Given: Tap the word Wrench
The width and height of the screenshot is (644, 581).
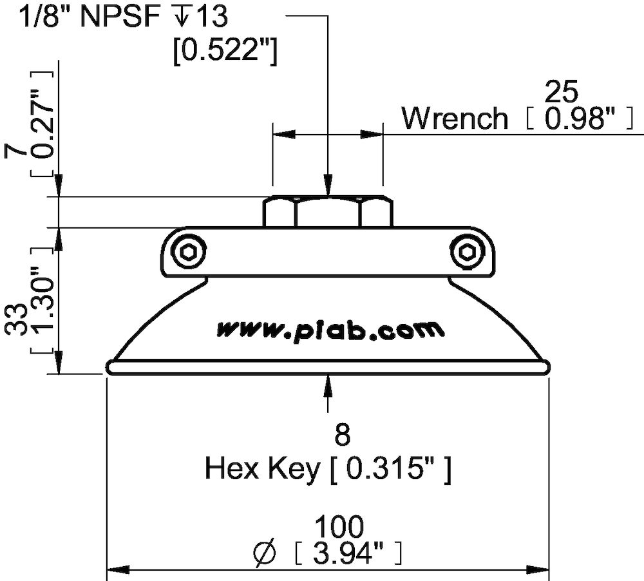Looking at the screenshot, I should point(455,119).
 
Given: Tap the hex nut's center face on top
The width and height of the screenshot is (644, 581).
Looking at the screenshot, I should point(328,212).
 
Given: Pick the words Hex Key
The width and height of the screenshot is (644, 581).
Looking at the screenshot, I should point(261,470).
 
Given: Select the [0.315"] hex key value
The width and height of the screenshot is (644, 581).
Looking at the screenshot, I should point(390,470).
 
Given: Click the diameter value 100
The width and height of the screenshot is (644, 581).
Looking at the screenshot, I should point(339,526).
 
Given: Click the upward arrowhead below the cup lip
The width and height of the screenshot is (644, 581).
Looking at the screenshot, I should point(328,385).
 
